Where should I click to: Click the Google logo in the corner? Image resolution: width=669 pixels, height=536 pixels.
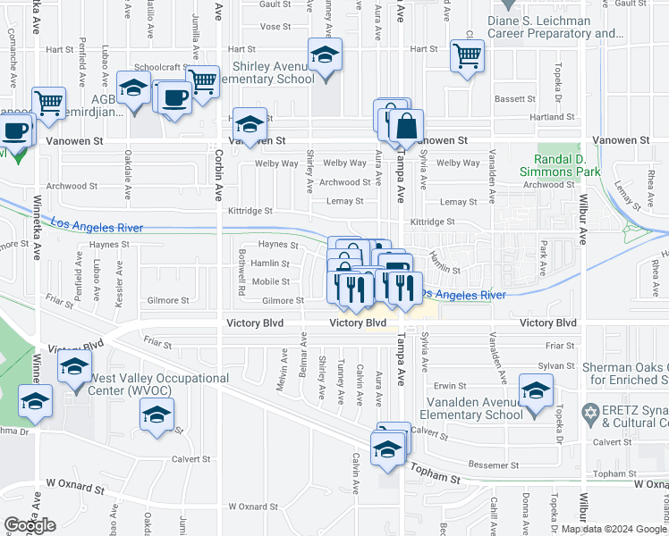coord(30,525)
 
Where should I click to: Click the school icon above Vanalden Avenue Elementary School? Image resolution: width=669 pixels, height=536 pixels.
coord(537,390)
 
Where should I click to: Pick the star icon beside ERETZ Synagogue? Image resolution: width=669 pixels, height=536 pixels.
coord(589,413)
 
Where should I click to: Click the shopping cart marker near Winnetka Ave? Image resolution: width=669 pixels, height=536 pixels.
coord(48,102)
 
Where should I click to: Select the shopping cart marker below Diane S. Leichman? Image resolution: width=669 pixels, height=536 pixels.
coord(467,55)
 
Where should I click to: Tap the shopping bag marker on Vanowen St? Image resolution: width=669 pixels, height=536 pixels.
coord(406,126)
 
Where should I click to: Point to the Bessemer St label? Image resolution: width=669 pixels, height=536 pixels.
coord(495,465)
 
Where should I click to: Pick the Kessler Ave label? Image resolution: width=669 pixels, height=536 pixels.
coord(119,285)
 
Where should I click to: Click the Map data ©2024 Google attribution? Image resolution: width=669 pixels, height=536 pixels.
coord(613,529)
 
